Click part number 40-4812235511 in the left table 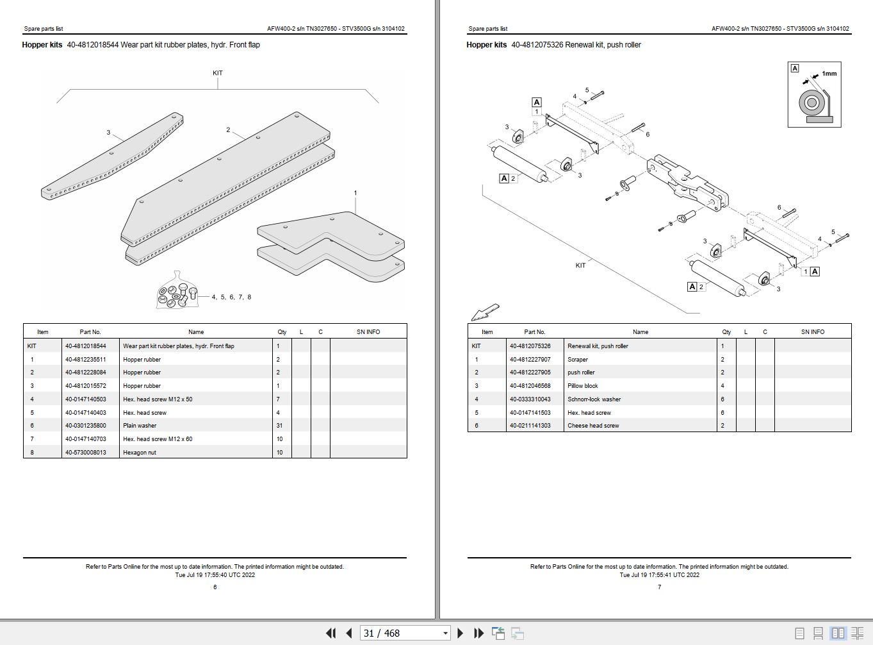(85, 360)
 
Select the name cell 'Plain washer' (140, 426)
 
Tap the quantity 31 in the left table (279, 426)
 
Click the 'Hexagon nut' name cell (140, 453)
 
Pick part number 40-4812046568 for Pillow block (530, 386)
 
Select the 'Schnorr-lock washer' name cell (594, 399)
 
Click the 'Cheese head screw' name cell (593, 426)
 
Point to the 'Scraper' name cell (577, 360)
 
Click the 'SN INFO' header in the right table (812, 332)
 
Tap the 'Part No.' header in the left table (90, 332)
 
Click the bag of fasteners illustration (173, 292)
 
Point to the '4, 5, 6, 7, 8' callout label (231, 297)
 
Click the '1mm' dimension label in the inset (829, 74)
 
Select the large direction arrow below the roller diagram (485, 312)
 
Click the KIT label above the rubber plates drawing (218, 73)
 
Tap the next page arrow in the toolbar (460, 633)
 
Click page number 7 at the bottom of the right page (659, 587)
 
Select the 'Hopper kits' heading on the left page (42, 45)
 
